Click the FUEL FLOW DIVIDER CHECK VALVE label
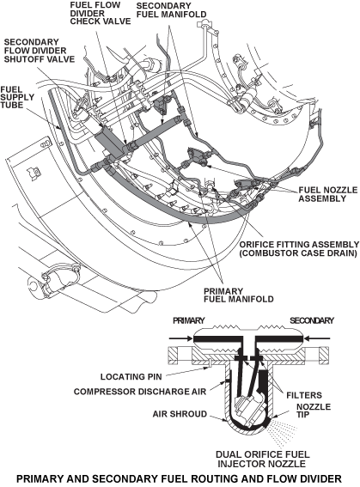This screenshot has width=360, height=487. click(100, 14)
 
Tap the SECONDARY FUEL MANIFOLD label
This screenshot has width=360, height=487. click(171, 10)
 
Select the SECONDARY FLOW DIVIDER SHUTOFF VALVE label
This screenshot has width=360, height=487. click(40, 51)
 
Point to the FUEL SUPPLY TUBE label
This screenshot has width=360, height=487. click(17, 97)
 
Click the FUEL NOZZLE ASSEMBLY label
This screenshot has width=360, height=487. click(328, 194)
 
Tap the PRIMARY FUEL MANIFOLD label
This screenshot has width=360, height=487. click(238, 295)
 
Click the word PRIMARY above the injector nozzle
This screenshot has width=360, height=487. click(188, 320)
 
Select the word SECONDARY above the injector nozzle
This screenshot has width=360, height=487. click(312, 320)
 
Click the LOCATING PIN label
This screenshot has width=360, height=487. click(131, 377)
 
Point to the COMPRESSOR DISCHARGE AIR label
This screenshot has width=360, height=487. click(140, 392)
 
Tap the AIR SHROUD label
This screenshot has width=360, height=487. click(180, 414)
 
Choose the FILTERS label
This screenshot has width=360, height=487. click(304, 395)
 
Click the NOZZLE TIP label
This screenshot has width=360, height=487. click(314, 411)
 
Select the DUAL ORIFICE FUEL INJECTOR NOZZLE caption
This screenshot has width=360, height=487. click(262, 459)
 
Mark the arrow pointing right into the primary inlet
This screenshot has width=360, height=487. click(181, 338)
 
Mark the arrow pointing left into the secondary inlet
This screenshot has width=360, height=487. click(317, 338)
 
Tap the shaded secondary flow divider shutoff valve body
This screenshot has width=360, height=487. click(110, 143)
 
